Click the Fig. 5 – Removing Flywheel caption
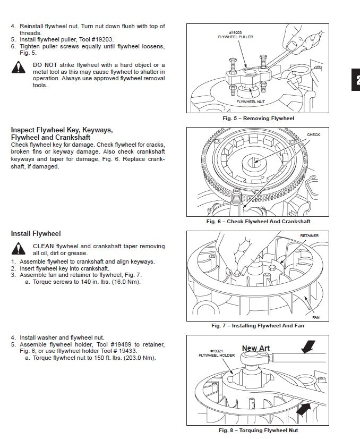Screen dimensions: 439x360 (x=258, y=119)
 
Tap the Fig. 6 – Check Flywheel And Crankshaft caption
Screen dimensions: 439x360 (x=258, y=222)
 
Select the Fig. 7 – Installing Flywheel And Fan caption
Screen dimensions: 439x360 (x=258, y=325)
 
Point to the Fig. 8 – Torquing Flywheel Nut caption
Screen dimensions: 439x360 (x=258, y=430)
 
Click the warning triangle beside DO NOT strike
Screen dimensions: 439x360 (x=20, y=68)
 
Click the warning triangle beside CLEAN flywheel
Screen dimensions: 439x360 (x=20, y=249)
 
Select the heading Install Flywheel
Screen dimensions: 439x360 (x=36, y=233)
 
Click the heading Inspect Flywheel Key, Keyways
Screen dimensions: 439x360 (x=62, y=130)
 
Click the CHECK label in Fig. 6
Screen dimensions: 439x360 (x=313, y=135)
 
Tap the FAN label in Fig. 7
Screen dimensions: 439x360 (x=316, y=318)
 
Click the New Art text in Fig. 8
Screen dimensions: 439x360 (x=256, y=349)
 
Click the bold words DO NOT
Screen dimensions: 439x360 (x=43, y=65)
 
